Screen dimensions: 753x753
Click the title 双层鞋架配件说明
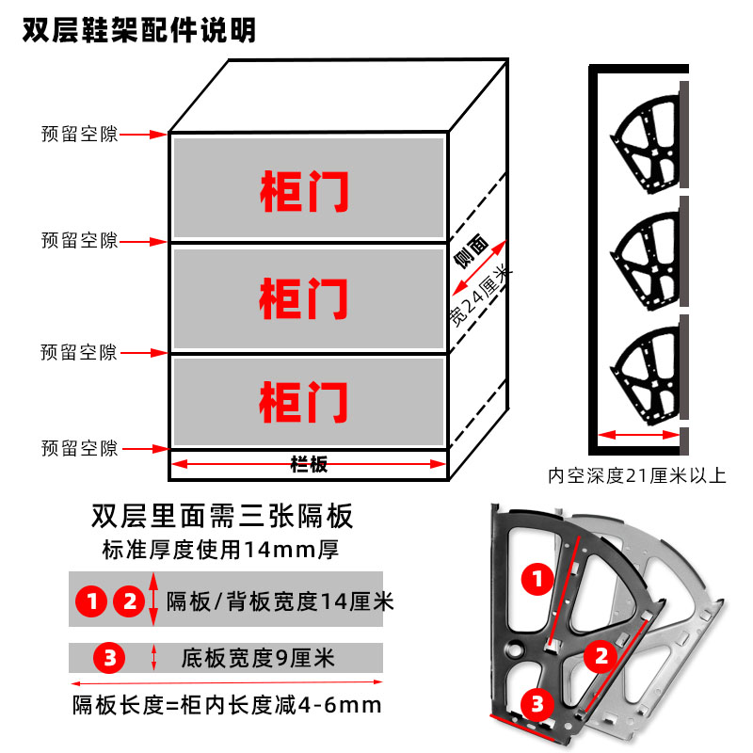tap(138, 30)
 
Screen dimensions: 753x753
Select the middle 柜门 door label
tap(304, 298)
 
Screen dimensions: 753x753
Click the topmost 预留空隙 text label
tap(79, 135)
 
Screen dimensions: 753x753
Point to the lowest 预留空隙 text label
tap(79, 449)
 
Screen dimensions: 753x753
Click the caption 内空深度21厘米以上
tap(637, 475)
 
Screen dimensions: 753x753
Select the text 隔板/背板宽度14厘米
tap(280, 601)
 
